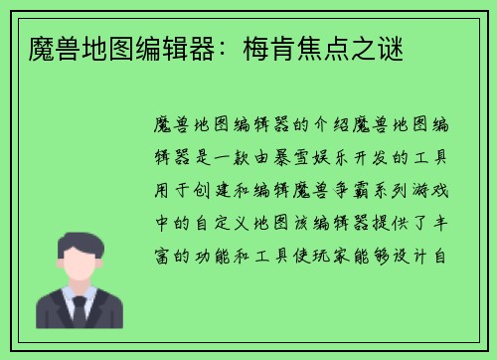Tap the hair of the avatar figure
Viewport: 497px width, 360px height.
click(x=80, y=242)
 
